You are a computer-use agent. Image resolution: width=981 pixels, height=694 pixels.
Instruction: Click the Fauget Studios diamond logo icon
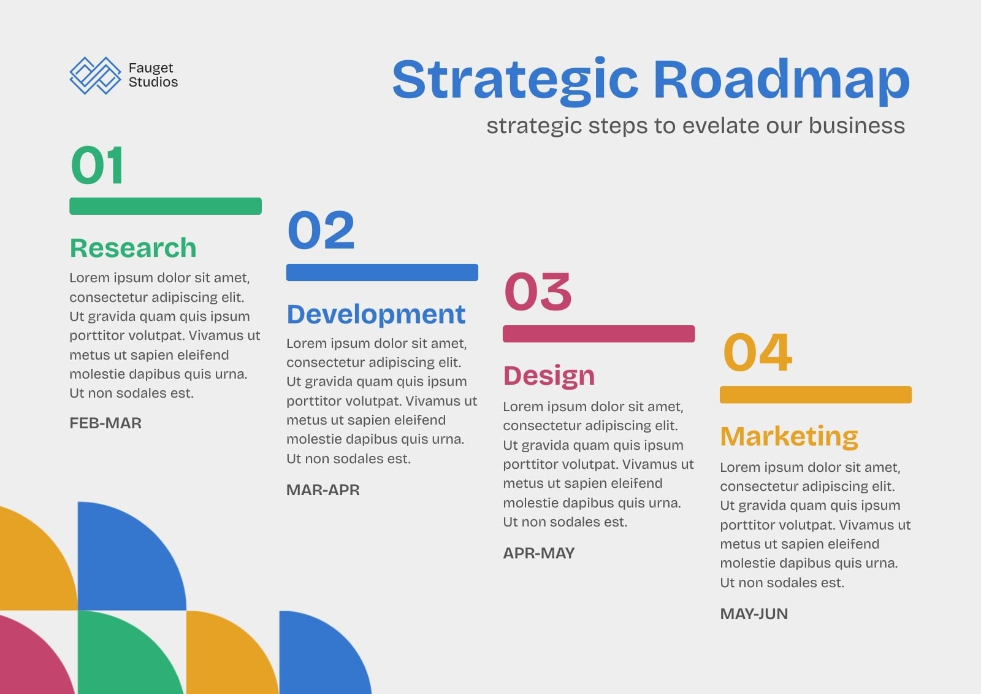[x=96, y=75]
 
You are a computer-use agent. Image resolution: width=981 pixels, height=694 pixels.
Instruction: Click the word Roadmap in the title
[x=781, y=82]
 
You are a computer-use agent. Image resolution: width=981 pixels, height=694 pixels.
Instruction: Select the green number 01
[x=97, y=165]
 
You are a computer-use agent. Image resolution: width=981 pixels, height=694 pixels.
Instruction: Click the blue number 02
[x=321, y=229]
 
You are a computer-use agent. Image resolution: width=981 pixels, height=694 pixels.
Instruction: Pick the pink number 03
[x=538, y=291]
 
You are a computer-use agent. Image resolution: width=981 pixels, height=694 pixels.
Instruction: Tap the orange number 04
[x=757, y=352]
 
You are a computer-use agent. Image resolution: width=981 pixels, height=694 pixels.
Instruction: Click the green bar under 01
[x=166, y=206]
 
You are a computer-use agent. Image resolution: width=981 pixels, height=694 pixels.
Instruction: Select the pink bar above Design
[x=598, y=334]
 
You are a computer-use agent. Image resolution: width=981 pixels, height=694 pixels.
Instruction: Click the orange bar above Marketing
[x=815, y=395]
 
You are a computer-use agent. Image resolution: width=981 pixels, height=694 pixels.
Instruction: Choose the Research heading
[x=133, y=248]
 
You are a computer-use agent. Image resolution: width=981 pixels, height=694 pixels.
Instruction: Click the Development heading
[x=376, y=314]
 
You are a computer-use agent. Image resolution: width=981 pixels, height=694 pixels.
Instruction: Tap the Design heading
[x=549, y=376]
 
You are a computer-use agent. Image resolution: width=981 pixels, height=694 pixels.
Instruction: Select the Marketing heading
[x=788, y=437]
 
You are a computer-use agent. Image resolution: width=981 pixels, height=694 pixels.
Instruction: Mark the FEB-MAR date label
[x=105, y=423]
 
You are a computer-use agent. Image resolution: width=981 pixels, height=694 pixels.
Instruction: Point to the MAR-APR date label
[x=323, y=490]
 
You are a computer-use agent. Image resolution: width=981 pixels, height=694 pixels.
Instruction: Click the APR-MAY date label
[x=539, y=553]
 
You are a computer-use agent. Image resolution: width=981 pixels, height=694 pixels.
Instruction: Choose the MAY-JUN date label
[x=754, y=614]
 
